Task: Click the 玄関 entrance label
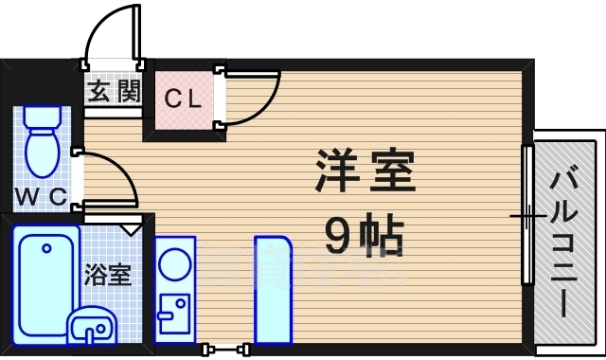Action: coord(115,92)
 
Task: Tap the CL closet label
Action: coord(182,97)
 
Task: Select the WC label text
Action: coord(41,197)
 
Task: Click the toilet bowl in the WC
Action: coord(41,153)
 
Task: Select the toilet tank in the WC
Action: coord(41,117)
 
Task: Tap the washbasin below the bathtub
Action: coord(91,327)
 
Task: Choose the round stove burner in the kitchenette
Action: coord(174,263)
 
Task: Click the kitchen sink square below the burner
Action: coord(173,312)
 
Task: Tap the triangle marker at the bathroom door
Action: coord(131,228)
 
